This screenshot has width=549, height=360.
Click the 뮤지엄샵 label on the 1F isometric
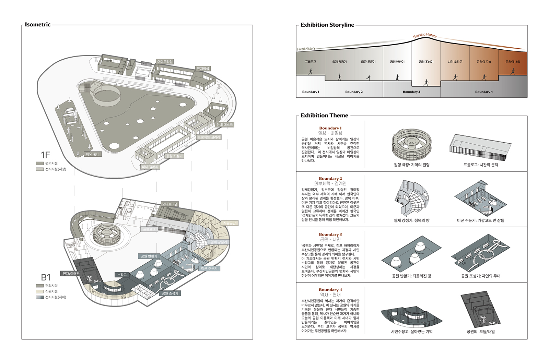click(x=203, y=69)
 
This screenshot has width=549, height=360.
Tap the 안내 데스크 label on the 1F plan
click(x=224, y=124)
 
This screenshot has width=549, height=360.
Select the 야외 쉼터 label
click(x=93, y=154)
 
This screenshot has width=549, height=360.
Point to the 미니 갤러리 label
click(x=150, y=167)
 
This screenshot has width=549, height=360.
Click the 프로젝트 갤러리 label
click(x=209, y=137)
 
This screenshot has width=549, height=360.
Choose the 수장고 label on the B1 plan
click(x=122, y=275)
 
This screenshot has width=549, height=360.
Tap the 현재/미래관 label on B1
click(x=71, y=274)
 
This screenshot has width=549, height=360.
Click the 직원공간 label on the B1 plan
click(x=230, y=223)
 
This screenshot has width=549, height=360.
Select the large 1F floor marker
click(x=45, y=155)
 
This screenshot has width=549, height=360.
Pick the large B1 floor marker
click(x=46, y=277)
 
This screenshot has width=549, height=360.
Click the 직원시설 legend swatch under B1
click(x=40, y=291)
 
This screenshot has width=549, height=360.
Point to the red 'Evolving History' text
click(x=425, y=35)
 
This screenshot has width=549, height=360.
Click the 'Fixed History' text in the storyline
click(x=306, y=49)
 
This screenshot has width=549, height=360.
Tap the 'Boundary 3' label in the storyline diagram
click(x=411, y=92)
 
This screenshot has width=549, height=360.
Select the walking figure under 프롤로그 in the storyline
click(x=311, y=71)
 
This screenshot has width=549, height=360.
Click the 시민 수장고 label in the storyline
click(x=455, y=62)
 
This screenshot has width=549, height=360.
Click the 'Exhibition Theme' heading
click(x=324, y=116)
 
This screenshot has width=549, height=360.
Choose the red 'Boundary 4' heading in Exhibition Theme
click(x=330, y=290)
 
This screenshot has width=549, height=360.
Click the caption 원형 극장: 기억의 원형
click(x=411, y=165)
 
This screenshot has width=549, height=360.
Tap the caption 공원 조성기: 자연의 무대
click(x=481, y=276)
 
